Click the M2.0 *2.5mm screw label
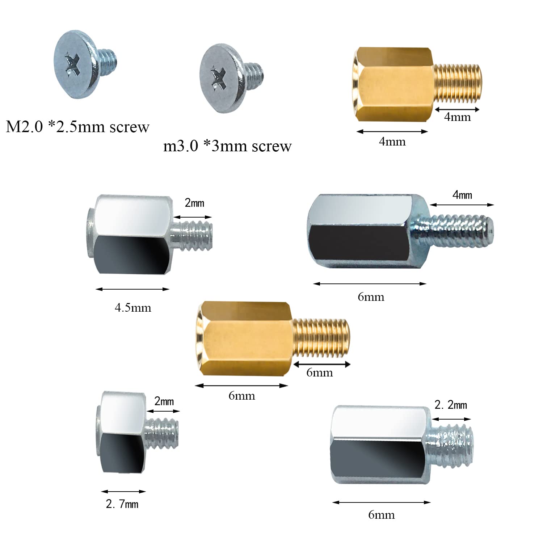pos(77,127)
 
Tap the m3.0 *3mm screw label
pos(227,146)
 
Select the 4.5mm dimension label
pos(133,308)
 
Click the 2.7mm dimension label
pos(122,504)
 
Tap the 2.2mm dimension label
pos(451,405)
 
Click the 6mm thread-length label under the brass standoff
pos(319,373)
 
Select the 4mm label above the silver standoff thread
pos(462,195)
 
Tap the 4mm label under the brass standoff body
pos(392,142)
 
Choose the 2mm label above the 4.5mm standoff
pos(194,203)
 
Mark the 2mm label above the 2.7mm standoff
pos(164,401)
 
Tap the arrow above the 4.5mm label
pos(132,289)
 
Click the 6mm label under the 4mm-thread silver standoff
pos(371,297)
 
